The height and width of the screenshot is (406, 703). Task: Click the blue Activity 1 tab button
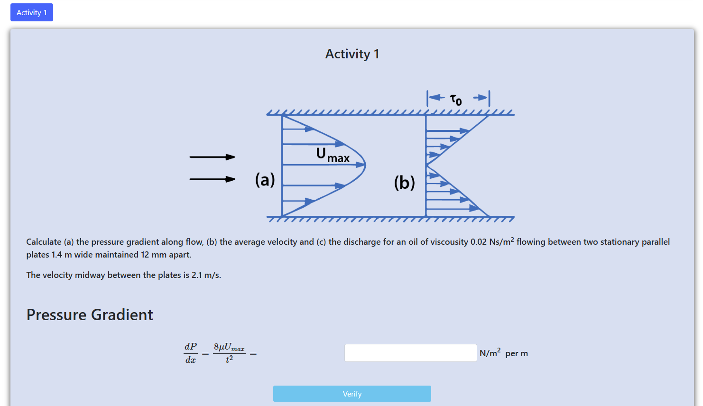click(32, 12)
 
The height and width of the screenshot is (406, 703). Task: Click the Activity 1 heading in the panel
click(352, 54)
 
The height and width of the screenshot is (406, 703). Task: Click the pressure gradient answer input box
click(410, 353)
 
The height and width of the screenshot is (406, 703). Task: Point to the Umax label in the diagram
click(333, 155)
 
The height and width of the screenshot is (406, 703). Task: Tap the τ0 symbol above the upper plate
click(456, 100)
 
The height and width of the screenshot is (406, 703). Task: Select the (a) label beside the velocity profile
click(265, 180)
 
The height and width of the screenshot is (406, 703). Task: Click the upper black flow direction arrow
click(213, 157)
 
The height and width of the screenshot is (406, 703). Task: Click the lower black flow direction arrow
click(213, 179)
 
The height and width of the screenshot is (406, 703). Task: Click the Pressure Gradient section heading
click(90, 314)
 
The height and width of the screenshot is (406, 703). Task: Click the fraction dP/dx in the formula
click(191, 353)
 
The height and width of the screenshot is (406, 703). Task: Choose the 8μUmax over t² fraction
click(229, 353)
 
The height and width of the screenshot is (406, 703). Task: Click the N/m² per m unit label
click(504, 353)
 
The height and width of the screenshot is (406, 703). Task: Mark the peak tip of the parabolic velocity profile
click(366, 165)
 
